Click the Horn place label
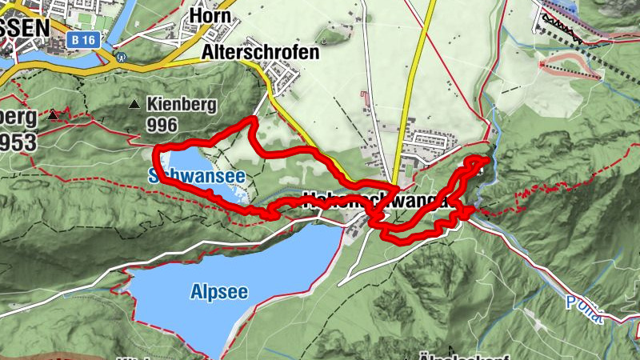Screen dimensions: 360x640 (211, 16)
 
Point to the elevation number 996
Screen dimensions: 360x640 (162, 125)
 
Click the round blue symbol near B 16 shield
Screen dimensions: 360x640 (121, 58)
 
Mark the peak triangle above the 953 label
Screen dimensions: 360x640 (53, 115)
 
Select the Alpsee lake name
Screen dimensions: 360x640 (218, 292)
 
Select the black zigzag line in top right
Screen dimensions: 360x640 (572, 27)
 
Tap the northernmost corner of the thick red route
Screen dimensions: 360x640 (253, 119)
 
